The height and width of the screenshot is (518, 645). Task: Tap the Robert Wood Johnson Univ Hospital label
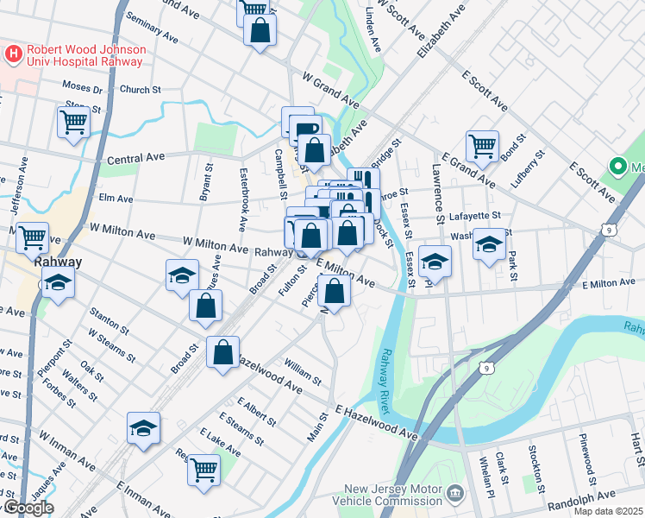coord(84,54)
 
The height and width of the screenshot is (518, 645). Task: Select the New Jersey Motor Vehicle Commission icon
coord(455,495)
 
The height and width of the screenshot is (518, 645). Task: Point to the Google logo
coord(28,508)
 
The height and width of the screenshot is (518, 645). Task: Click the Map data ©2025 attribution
coord(608,511)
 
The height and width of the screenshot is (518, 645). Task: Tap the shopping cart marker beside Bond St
coord(482,145)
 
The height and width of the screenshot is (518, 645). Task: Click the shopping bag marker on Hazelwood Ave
coord(223,351)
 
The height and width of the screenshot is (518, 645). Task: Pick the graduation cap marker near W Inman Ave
coord(144,427)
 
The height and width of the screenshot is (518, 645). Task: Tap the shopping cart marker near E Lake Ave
coord(204,469)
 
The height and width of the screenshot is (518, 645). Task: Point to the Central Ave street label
coord(135,160)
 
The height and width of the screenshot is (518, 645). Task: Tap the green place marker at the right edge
coord(617,166)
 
